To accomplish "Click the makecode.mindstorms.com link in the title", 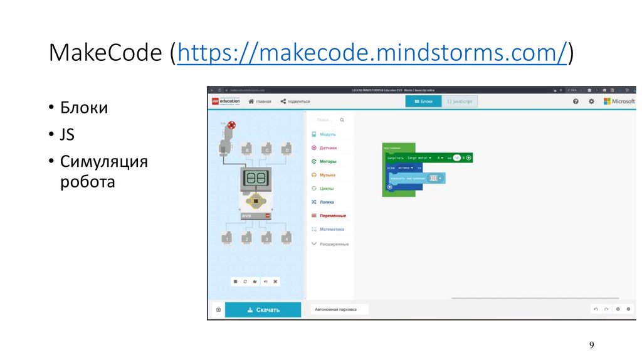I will pos(372,53).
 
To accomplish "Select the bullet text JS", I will pos(67,135).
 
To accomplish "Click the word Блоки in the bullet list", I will pos(84,108).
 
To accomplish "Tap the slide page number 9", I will pos(591,345).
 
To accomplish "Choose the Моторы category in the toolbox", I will pos(327,162).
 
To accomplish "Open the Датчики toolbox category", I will pos(327,148).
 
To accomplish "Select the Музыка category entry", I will pos(327,175).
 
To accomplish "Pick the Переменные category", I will pos(332,216).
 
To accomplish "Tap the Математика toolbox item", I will pos(331,230).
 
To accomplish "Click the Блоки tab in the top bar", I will pos(423,101).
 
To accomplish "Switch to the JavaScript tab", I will pos(460,101).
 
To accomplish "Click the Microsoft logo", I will pos(619,101).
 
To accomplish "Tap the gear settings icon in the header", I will pos(591,101).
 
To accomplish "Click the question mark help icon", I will pos(576,101).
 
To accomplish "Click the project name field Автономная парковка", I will pos(339,309).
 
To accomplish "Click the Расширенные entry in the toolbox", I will pos(334,244).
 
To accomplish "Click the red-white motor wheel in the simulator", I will pos(232,125).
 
